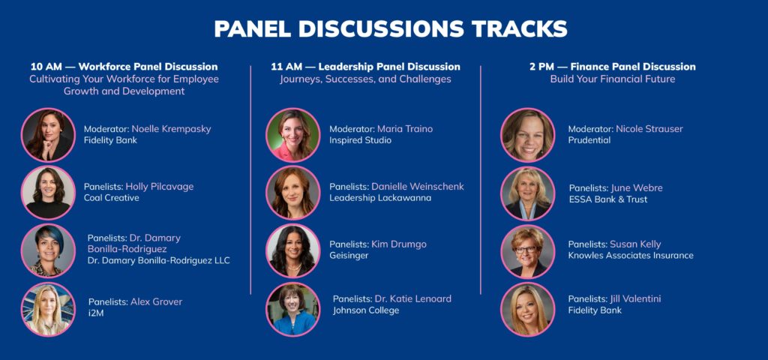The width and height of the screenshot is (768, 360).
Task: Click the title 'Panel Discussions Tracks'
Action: (390, 29)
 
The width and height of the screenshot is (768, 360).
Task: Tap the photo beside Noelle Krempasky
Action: (48, 135)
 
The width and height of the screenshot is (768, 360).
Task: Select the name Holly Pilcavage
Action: (160, 187)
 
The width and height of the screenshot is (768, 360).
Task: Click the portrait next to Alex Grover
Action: (48, 309)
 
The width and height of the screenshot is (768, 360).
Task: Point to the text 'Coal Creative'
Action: (112, 198)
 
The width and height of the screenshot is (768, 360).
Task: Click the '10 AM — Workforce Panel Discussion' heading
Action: (124, 67)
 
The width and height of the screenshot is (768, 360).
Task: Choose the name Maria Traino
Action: (405, 129)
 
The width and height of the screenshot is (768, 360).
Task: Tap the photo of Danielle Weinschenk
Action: (293, 193)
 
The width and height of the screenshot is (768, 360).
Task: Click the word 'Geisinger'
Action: (349, 256)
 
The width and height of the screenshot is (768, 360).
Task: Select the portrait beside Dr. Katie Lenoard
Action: (293, 309)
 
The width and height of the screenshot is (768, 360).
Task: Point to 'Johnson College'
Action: (366, 310)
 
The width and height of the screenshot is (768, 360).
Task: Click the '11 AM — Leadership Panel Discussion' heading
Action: (365, 67)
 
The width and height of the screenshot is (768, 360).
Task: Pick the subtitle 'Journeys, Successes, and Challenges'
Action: (365, 79)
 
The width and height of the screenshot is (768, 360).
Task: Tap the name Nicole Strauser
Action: (649, 129)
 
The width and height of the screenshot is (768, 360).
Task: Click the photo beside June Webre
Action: (527, 193)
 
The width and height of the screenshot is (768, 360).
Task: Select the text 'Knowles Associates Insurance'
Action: (631, 255)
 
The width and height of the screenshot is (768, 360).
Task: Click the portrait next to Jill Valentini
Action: (527, 309)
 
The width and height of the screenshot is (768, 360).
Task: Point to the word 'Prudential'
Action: (589, 140)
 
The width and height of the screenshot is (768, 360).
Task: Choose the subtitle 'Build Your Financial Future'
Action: (612, 79)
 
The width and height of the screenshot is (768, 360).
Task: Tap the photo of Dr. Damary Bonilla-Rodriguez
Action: (48, 250)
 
